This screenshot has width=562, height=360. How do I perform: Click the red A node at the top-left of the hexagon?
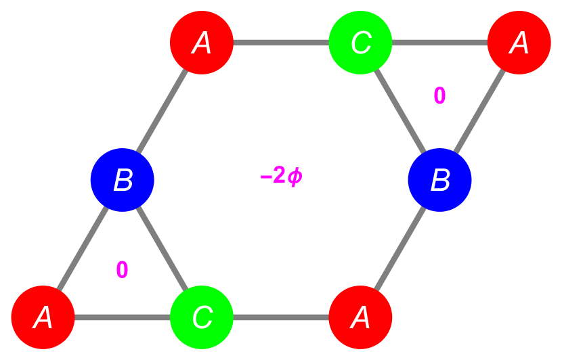[202, 42]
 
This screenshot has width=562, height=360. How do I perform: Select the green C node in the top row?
[360, 42]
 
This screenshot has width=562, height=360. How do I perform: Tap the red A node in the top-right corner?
[519, 42]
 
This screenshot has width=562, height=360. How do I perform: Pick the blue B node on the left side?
[123, 180]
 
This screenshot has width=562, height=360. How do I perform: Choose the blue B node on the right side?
[439, 180]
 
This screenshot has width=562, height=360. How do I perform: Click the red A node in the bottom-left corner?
[43, 317]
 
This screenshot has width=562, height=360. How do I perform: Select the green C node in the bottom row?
[202, 317]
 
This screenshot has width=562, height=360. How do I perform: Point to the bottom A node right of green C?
[360, 317]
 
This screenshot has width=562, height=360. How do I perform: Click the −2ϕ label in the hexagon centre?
[281, 177]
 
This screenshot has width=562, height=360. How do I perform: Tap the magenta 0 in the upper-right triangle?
[439, 96]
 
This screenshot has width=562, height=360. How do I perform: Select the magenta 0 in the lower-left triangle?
[122, 270]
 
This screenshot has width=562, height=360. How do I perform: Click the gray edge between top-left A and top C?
[281, 43]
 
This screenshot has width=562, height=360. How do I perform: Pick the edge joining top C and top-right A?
[439, 43]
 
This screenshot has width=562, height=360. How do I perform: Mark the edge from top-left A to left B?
[163, 110]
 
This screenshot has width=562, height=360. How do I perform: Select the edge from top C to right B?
[399, 110]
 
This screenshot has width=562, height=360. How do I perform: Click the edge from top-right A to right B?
[479, 110]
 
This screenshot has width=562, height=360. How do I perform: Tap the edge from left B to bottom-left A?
[83, 249]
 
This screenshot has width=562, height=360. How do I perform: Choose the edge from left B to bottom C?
[163, 249]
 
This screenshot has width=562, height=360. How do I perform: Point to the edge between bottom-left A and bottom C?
[122, 317]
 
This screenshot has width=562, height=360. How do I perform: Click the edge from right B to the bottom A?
[399, 249]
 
